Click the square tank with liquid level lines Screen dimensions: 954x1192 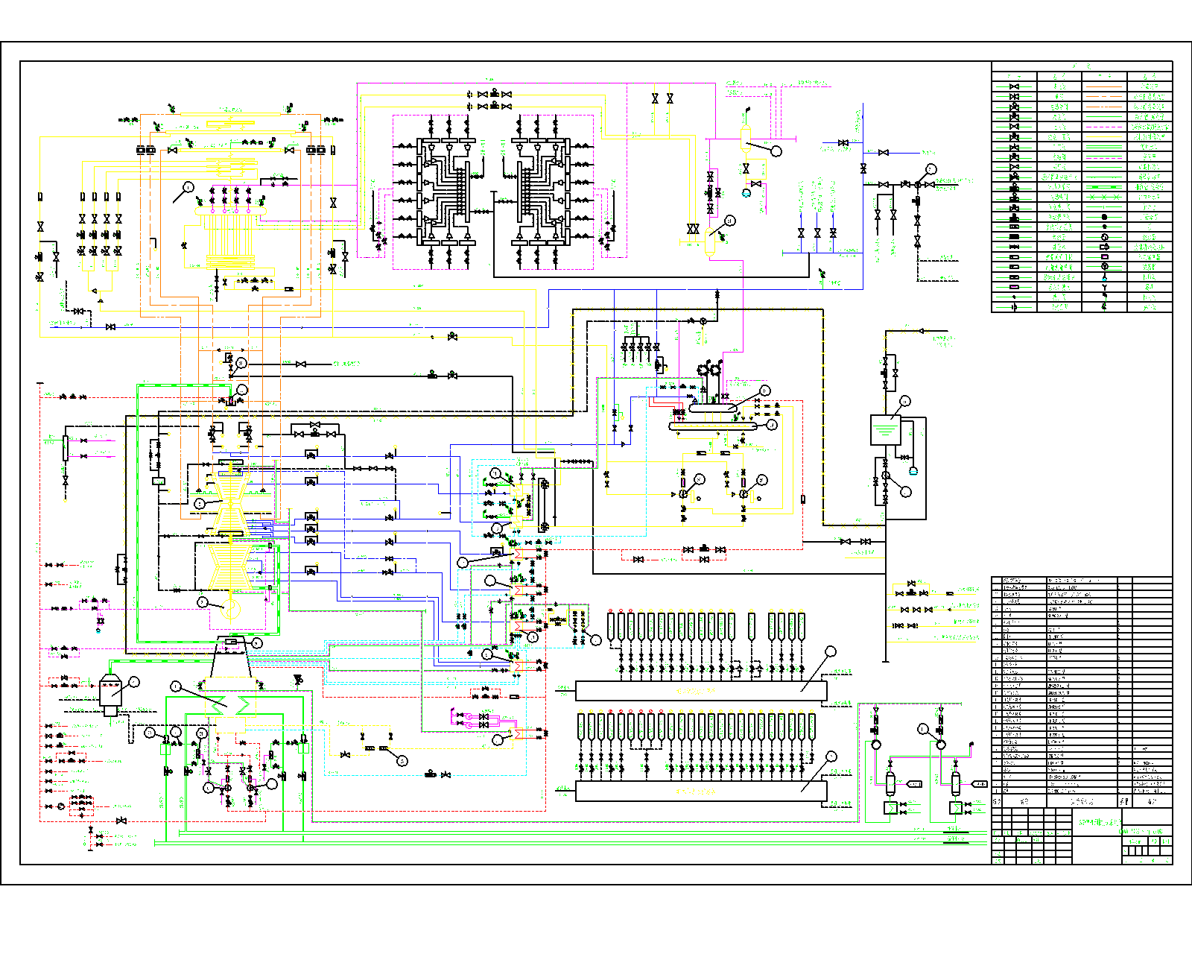[885, 430]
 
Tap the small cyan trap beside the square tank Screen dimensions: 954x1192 [913, 471]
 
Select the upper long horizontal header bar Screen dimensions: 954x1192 [700, 691]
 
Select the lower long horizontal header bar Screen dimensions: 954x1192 [700, 791]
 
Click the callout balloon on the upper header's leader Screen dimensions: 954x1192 [831, 651]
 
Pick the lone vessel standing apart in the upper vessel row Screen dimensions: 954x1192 [751, 626]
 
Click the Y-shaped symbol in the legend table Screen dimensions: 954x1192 [1104, 287]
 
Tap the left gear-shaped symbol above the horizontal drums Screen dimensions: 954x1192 [703, 370]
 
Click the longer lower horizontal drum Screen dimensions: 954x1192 [712, 426]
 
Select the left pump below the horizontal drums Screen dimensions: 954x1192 [684, 493]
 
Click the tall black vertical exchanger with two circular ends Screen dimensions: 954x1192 [544, 505]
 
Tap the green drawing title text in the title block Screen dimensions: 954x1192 [1100, 822]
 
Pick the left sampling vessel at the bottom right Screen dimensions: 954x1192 [890, 784]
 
